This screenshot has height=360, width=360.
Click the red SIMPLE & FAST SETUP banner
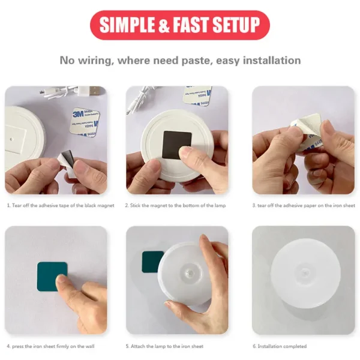click(x=179, y=25)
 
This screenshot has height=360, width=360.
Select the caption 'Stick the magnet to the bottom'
click(x=176, y=205)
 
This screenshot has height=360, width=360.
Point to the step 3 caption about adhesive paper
click(x=303, y=205)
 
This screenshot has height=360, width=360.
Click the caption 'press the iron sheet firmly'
click(x=50, y=346)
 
